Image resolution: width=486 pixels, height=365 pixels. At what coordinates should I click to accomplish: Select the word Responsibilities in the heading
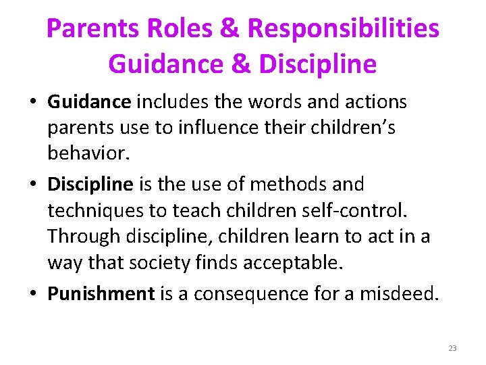[x=344, y=29]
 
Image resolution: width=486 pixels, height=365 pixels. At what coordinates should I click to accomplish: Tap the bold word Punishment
[x=101, y=294]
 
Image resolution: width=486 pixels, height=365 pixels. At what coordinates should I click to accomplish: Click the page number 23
[x=452, y=348]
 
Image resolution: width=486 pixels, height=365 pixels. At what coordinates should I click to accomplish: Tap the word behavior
[x=87, y=153]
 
